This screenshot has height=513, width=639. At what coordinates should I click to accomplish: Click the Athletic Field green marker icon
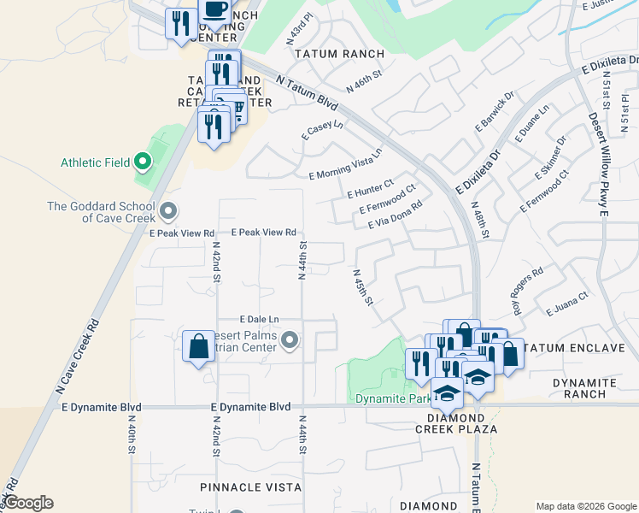(x=143, y=160)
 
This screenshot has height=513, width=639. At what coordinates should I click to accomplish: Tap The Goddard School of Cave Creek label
(x=101, y=212)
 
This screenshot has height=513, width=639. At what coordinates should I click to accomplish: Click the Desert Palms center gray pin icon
(x=290, y=342)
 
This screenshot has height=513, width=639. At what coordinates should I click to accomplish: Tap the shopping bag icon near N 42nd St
(x=198, y=347)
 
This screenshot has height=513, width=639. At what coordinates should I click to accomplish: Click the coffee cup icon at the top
(x=214, y=9)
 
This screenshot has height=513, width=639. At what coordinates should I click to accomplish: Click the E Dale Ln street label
(x=260, y=319)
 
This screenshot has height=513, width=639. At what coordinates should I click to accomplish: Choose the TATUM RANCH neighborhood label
(x=339, y=54)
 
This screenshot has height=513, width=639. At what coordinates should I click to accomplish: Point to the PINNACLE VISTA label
(x=250, y=487)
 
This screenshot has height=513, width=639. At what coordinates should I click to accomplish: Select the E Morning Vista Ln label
(x=345, y=164)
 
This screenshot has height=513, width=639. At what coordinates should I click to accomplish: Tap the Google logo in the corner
(x=28, y=503)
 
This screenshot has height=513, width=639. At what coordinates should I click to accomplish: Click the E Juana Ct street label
(x=568, y=304)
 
